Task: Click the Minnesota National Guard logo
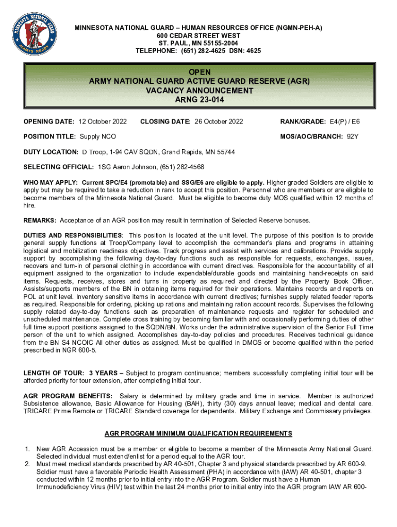[x=32, y=35]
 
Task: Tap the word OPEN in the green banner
[x=199, y=72]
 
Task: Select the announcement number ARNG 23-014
[x=199, y=100]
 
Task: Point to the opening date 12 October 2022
[x=103, y=121]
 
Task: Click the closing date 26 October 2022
[x=218, y=121]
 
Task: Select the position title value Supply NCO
[x=97, y=136]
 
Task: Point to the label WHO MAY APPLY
[x=50, y=183]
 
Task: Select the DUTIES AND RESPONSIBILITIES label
[x=72, y=235]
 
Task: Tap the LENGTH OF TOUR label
[x=54, y=373]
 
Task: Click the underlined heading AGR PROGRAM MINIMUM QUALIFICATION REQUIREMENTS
[x=198, y=433]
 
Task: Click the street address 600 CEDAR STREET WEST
[x=198, y=36]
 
